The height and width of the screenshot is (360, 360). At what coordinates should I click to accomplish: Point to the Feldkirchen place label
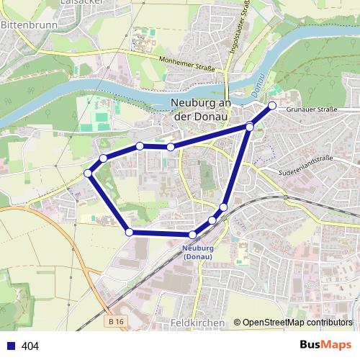[199, 323]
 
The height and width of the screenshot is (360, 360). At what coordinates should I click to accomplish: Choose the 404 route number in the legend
[31, 346]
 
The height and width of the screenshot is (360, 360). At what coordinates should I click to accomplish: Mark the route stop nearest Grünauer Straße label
[272, 106]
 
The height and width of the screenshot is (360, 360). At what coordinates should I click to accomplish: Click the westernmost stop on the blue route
[88, 173]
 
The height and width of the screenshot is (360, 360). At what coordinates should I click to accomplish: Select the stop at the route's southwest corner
[129, 232]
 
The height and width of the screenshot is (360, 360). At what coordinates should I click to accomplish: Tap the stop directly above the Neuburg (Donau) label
[193, 235]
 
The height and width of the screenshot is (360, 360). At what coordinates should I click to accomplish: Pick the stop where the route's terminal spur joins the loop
[250, 127]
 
